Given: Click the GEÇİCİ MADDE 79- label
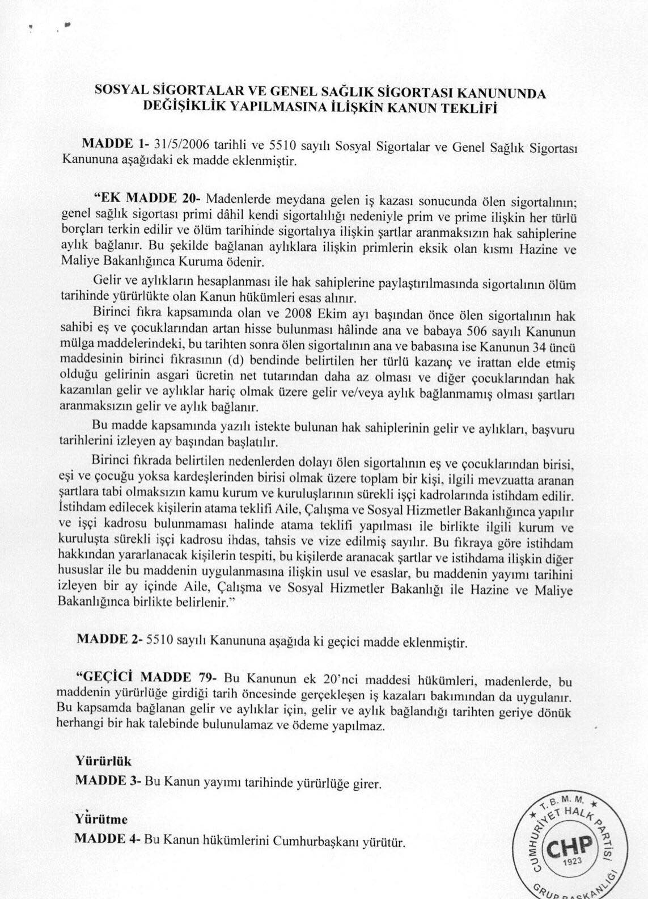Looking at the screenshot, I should pos(147,678).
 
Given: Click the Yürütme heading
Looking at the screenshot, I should pos(101,820).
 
